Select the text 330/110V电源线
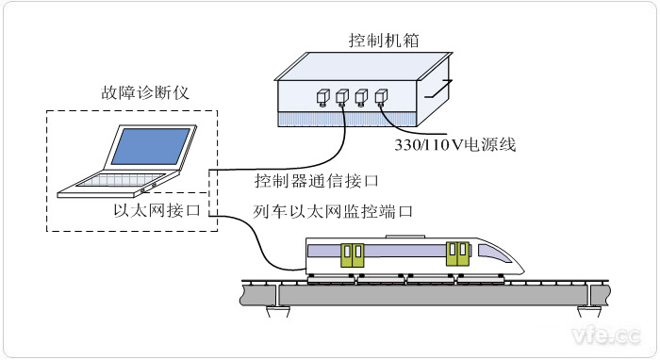pos(454,145)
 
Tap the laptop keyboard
pos(118,180)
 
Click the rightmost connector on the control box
pos(381,96)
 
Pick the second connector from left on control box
pos(341,96)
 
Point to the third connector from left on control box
pos(361,96)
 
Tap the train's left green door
pos(353,255)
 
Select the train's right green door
pos(457,254)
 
